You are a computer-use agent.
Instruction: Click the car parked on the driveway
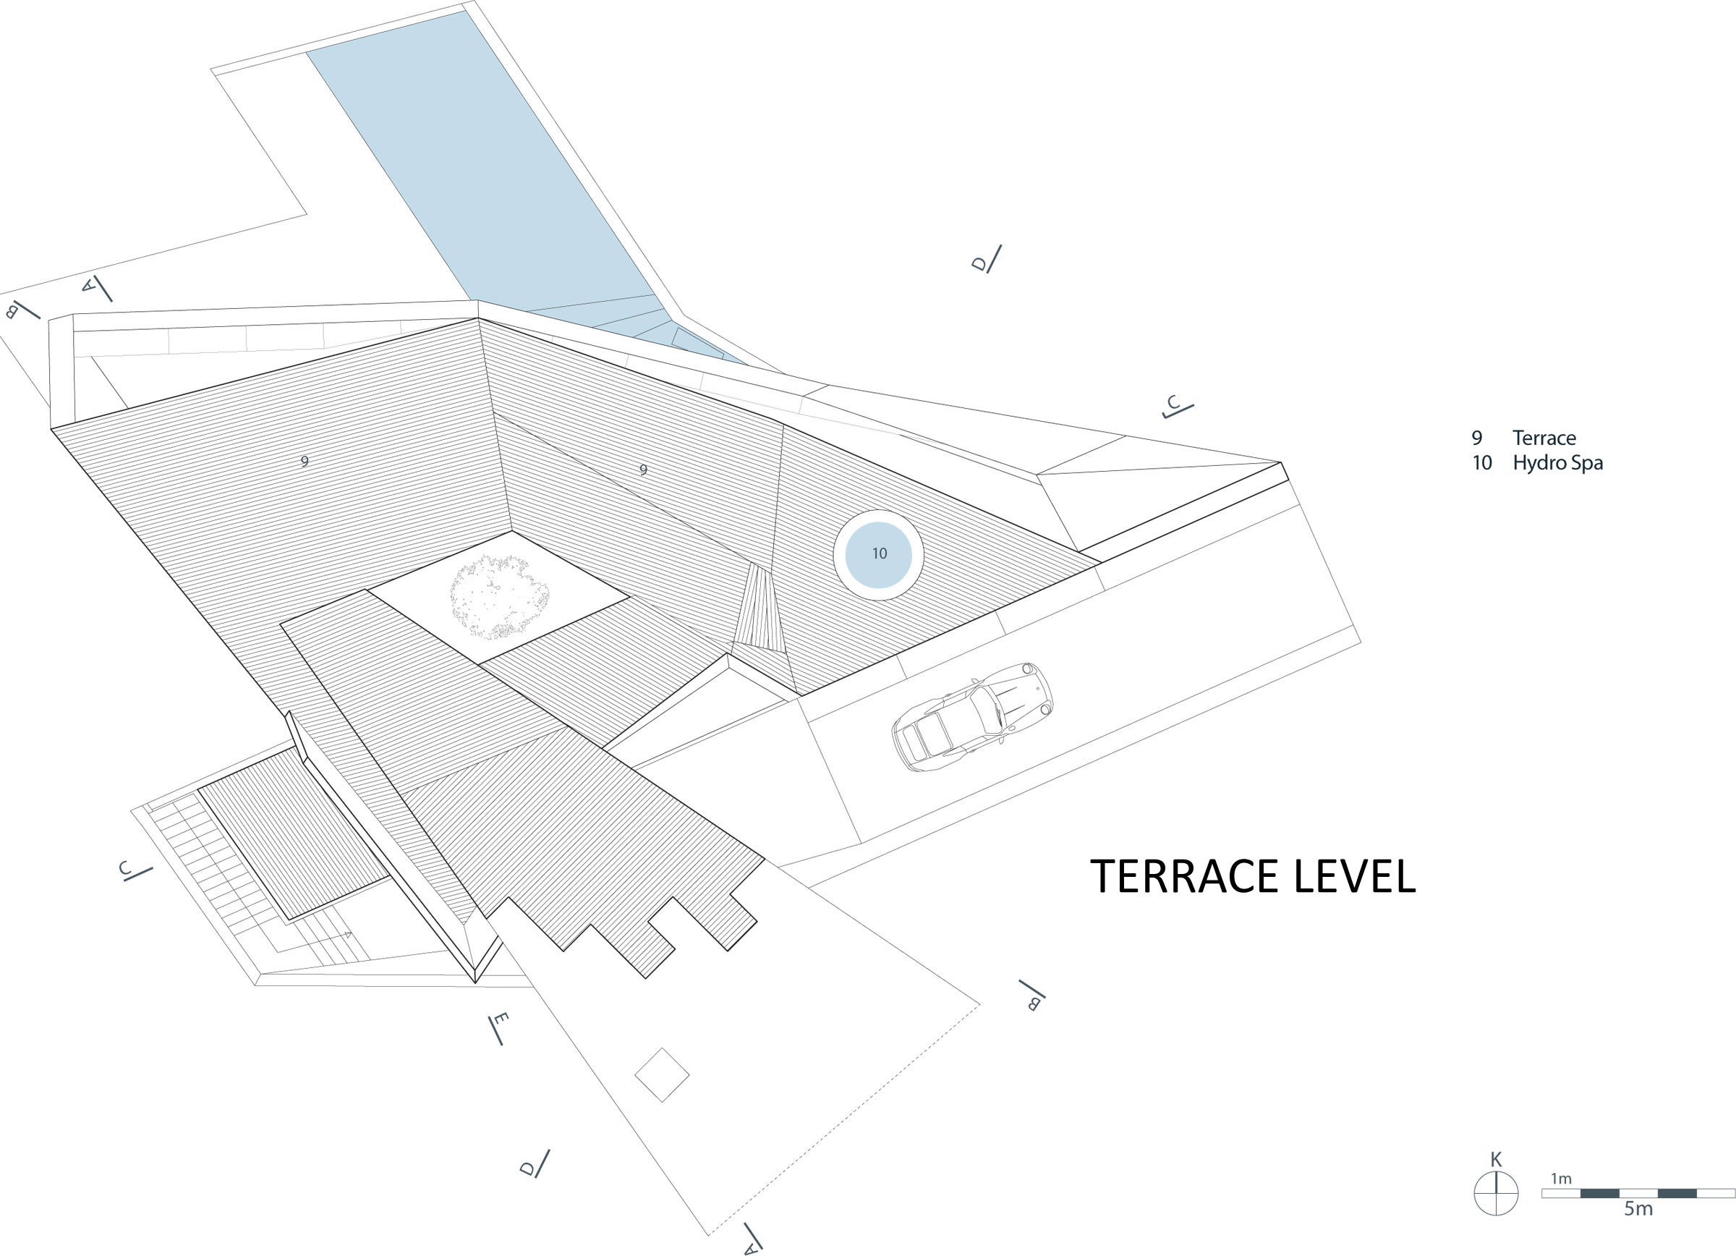(972, 716)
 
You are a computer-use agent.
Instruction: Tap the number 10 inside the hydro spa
(879, 553)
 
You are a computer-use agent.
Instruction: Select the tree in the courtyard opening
(499, 598)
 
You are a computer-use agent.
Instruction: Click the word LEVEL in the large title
(1354, 877)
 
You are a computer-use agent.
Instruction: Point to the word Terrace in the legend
(1544, 438)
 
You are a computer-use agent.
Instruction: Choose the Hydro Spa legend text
(1557, 463)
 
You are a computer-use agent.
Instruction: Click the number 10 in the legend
(1482, 463)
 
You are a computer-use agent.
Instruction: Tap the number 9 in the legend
(1476, 438)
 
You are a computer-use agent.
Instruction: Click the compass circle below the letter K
(1496, 1193)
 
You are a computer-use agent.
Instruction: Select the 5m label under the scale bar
(1638, 1209)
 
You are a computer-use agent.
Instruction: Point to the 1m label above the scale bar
(1561, 1179)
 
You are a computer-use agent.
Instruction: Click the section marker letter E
(501, 1020)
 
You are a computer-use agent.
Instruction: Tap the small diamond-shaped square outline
(662, 1074)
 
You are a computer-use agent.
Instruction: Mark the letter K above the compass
(1496, 1160)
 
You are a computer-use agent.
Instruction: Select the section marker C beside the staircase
(124, 869)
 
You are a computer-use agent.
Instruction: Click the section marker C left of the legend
(1173, 404)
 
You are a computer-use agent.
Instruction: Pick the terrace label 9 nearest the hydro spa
(643, 470)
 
